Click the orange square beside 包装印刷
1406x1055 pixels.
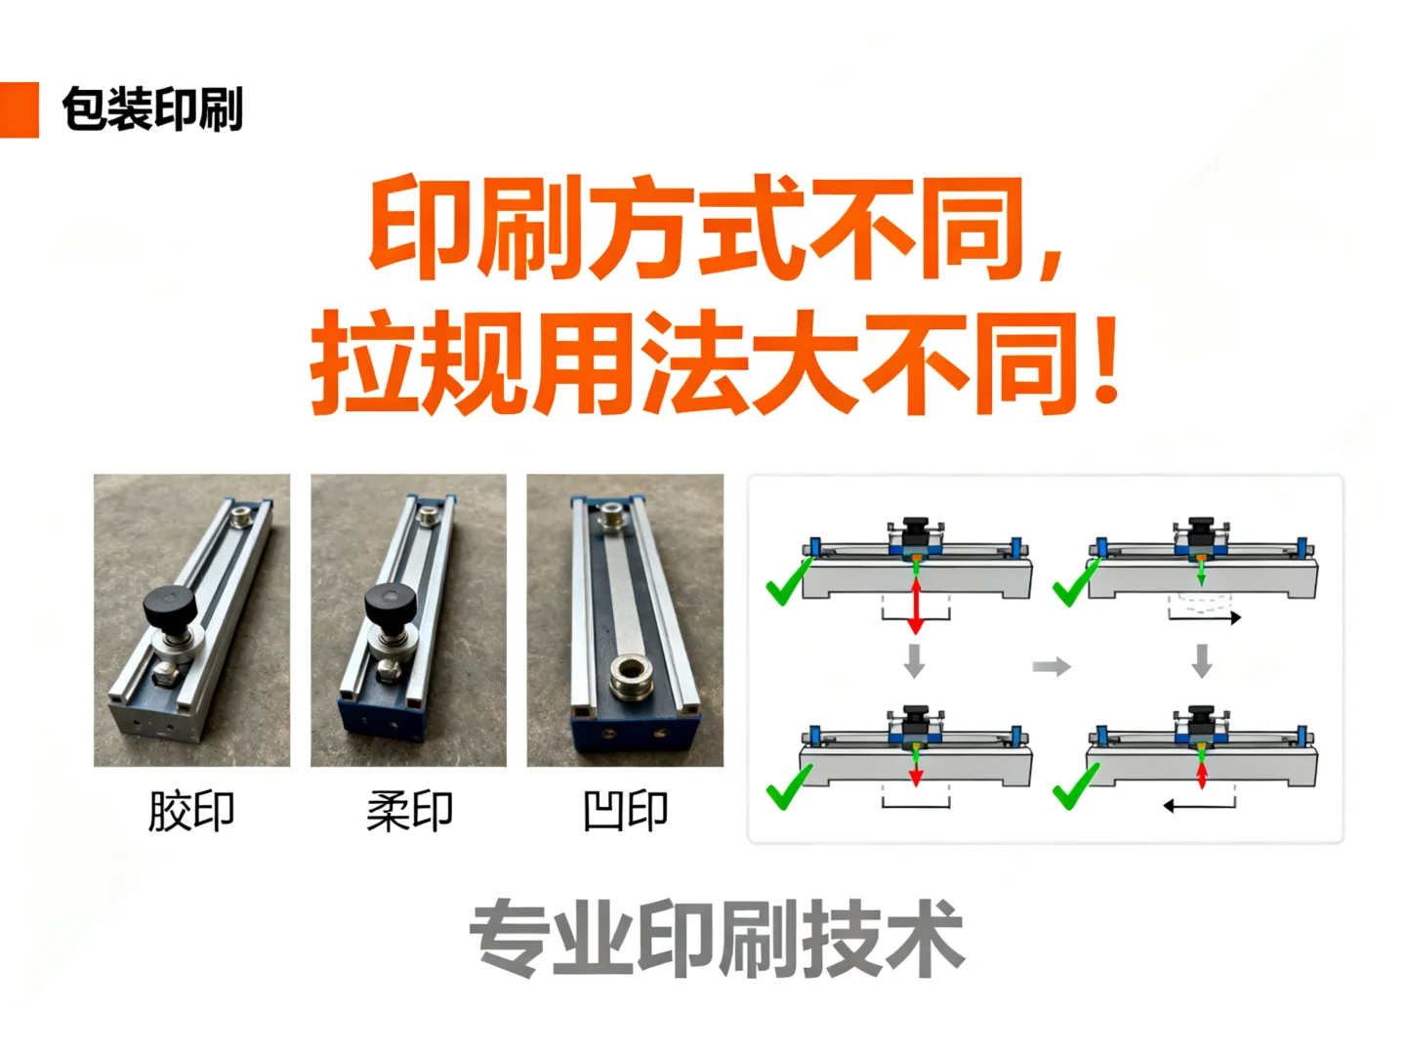click(x=19, y=109)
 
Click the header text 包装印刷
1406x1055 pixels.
click(x=152, y=109)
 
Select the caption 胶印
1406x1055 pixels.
click(x=191, y=811)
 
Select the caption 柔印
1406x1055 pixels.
click(x=409, y=811)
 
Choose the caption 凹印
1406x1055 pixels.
click(x=625, y=811)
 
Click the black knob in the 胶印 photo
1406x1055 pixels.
click(x=171, y=607)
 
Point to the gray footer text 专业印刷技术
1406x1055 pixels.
click(x=717, y=939)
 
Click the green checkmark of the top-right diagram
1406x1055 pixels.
click(x=1075, y=583)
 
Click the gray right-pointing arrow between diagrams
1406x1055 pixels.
click(x=1052, y=667)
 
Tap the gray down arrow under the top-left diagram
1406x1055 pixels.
click(x=914, y=660)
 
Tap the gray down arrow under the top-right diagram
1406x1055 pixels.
click(x=1202, y=660)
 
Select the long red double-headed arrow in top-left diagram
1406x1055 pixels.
click(x=916, y=604)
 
